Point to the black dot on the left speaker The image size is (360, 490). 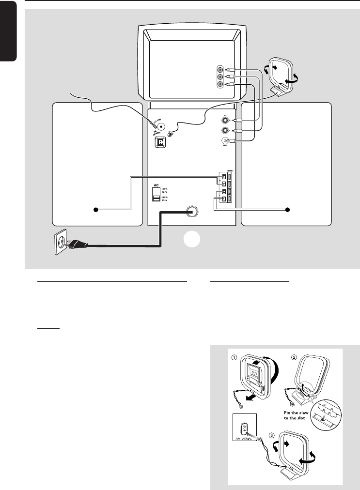coord(96,210)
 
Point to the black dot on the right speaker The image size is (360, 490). coord(287,210)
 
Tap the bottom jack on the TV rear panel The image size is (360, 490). coord(221,84)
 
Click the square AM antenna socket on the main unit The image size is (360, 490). coord(160,142)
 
